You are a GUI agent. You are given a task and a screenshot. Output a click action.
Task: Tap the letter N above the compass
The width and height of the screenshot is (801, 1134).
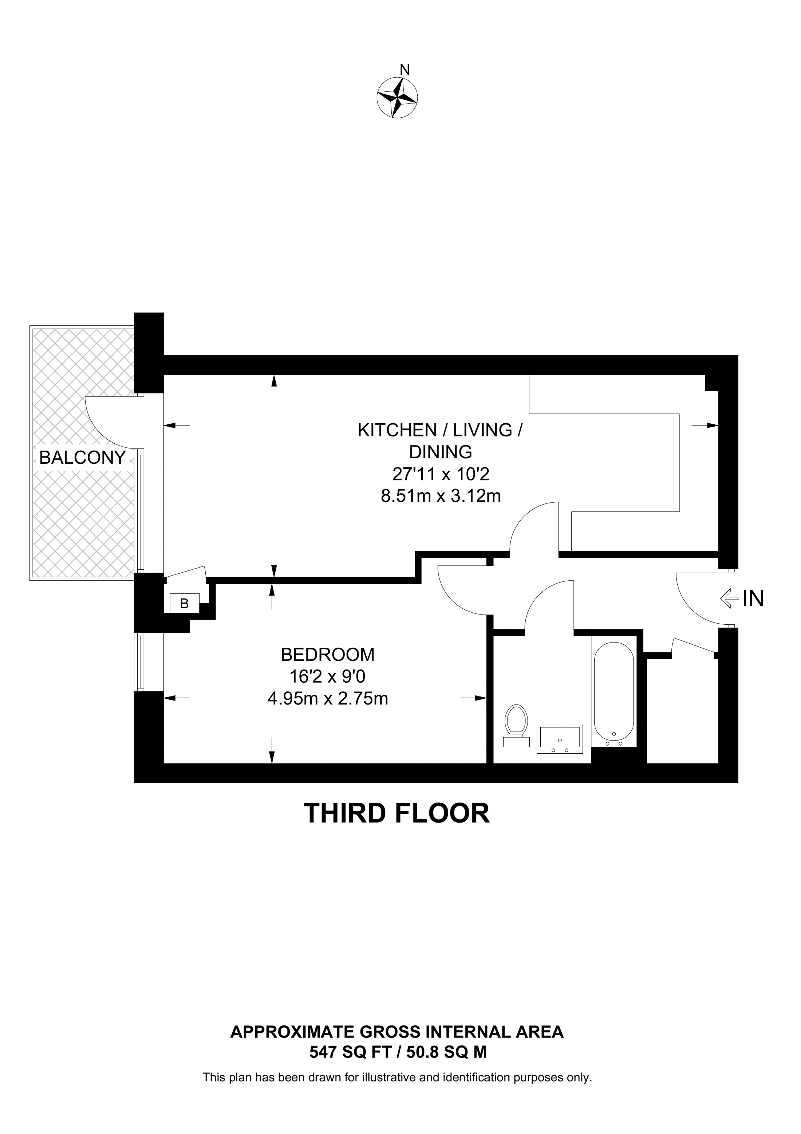click(405, 70)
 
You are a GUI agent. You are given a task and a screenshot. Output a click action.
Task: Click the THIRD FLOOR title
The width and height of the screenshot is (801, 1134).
click(397, 813)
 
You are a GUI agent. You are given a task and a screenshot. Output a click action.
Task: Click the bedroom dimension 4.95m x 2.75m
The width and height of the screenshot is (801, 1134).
click(327, 698)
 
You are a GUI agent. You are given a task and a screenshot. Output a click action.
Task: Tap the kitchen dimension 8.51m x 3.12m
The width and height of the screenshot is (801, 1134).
click(441, 495)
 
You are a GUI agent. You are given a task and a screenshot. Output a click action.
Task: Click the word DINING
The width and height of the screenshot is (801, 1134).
click(441, 452)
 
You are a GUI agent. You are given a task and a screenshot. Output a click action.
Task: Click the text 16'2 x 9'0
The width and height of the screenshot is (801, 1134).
click(327, 676)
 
